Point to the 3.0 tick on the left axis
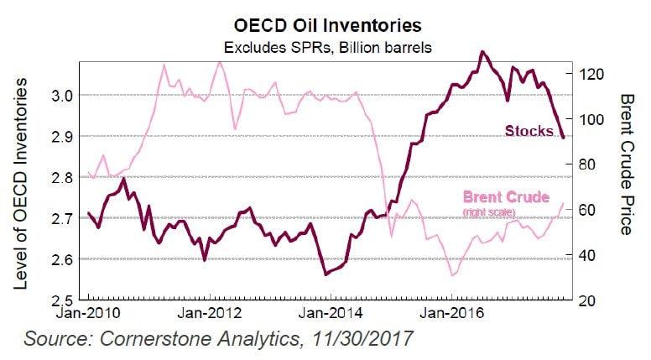click(x=61, y=96)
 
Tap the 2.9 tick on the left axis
click(x=61, y=137)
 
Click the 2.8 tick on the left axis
click(x=61, y=177)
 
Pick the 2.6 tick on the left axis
click(x=61, y=258)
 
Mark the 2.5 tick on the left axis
click(x=61, y=300)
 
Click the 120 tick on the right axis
click(x=592, y=73)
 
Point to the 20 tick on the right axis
click(x=589, y=300)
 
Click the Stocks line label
click(x=529, y=130)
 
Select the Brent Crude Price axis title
click(x=627, y=164)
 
